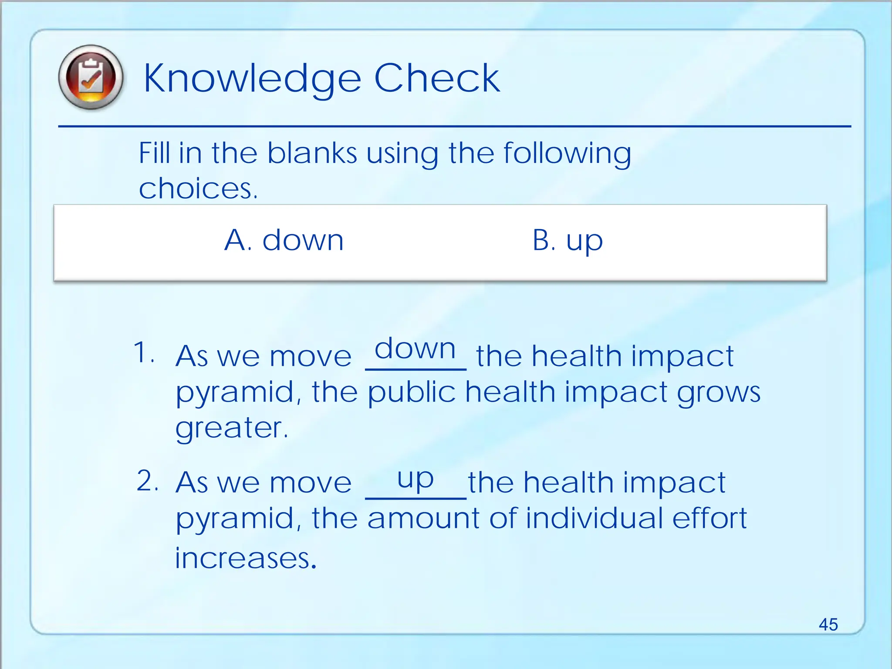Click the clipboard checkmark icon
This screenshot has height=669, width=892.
pyautogui.click(x=91, y=78)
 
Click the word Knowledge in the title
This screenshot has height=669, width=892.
pyautogui.click(x=252, y=79)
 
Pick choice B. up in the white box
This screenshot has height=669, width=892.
pyautogui.click(x=568, y=240)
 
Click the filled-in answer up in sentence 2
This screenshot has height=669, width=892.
pyautogui.click(x=416, y=479)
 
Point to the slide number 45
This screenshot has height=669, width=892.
pyautogui.click(x=828, y=624)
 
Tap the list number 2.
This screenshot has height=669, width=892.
pyautogui.click(x=147, y=481)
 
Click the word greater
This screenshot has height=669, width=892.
pyautogui.click(x=232, y=428)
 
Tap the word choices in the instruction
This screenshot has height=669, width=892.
pyautogui.click(x=198, y=189)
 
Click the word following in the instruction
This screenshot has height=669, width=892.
pyautogui.click(x=567, y=154)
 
